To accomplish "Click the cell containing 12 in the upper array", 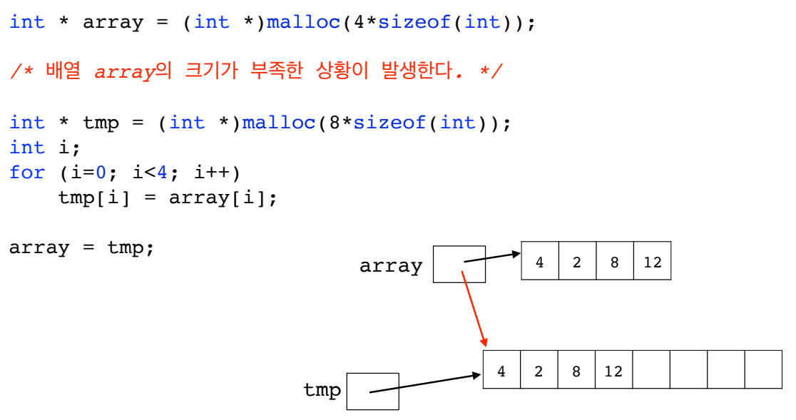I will click(652, 261).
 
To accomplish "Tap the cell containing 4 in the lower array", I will click(501, 370).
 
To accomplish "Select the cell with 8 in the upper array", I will click(614, 261).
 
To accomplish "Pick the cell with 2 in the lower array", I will click(539, 370).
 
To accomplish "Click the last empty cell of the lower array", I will click(763, 369).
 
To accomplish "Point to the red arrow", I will click(474, 307).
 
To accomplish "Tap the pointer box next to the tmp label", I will click(372, 391).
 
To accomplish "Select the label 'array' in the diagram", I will click(391, 266).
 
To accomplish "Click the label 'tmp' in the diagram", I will click(322, 390).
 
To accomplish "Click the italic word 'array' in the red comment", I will click(125, 72).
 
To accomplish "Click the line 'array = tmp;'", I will click(81, 248).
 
